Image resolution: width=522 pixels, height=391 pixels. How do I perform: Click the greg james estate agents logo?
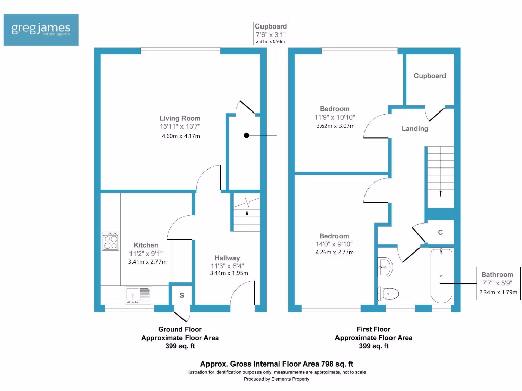(x=41, y=30)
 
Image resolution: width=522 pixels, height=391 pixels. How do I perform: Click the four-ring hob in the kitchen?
(x=111, y=241)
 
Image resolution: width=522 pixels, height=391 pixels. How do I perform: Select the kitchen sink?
(x=138, y=295)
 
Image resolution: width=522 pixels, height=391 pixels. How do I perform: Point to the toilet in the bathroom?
(x=389, y=293)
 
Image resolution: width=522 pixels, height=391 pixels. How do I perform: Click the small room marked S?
(x=181, y=295)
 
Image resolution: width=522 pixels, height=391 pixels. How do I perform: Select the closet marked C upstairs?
(x=440, y=233)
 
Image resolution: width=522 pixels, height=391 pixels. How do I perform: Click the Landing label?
(x=414, y=129)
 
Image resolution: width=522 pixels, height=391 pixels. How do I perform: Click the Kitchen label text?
(x=146, y=245)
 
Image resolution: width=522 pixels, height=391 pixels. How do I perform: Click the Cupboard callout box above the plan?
(x=271, y=33)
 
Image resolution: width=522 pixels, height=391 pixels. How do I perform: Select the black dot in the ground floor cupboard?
(x=246, y=136)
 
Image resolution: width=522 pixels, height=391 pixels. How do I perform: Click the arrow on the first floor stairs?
(x=440, y=192)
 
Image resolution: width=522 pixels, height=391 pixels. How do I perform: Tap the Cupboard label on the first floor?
(x=430, y=76)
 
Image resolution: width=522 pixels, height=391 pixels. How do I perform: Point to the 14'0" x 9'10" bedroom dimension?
(x=334, y=244)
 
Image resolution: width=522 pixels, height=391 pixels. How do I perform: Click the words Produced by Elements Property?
(x=276, y=379)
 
